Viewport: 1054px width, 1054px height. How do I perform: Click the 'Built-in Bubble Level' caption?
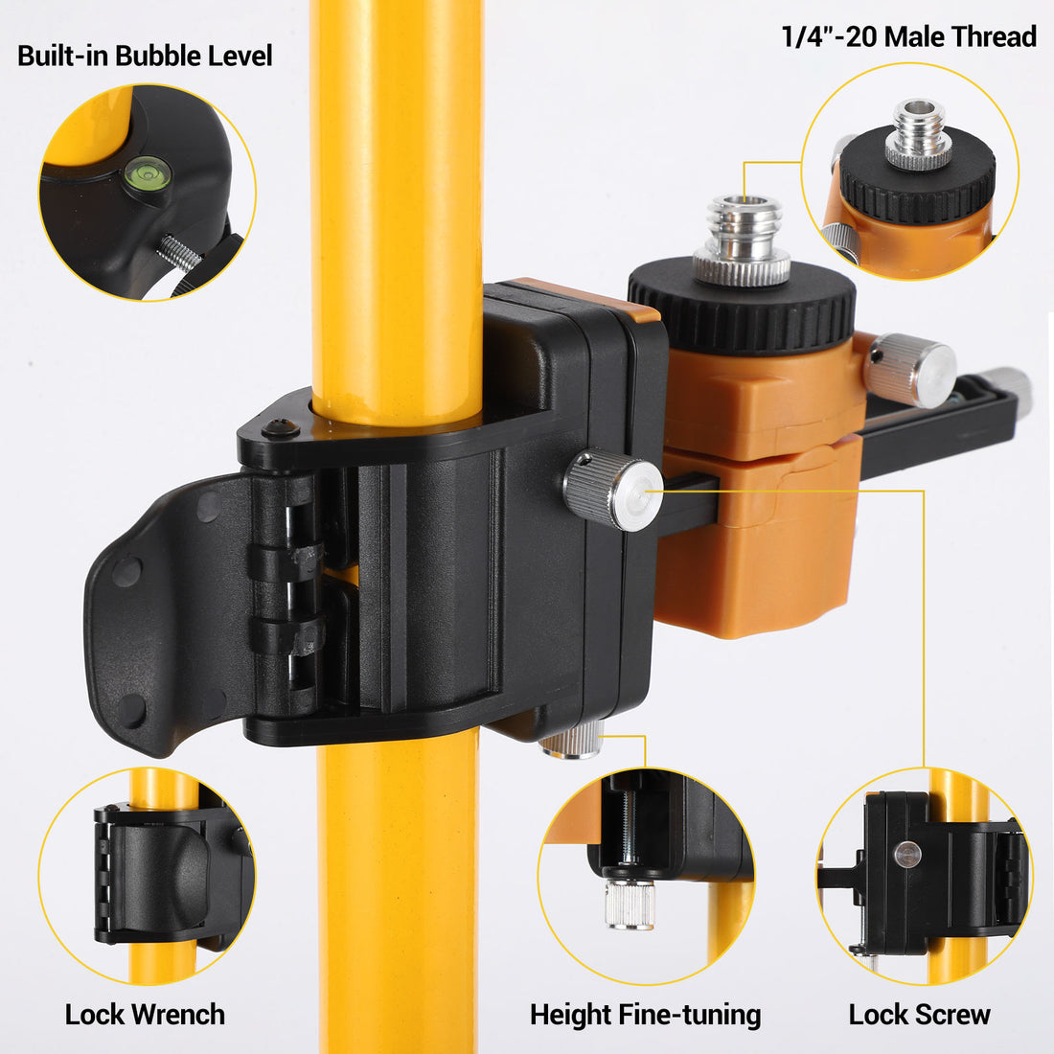point(145,56)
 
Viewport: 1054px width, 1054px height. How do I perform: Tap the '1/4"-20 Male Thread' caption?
point(908,37)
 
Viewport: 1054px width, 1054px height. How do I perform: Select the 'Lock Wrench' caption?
point(145,1015)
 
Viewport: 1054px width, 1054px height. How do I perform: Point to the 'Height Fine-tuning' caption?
point(645,1015)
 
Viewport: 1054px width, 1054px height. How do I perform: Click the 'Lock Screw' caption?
point(919,1015)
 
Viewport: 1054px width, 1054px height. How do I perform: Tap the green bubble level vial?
point(148,173)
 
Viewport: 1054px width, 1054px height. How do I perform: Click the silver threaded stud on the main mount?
point(742,240)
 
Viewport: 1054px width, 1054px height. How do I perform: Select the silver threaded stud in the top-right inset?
point(918,133)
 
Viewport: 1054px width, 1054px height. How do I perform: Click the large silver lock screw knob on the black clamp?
point(612,489)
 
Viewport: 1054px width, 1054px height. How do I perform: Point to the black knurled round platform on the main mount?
point(742,306)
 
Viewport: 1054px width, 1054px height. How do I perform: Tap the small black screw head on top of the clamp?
point(280,426)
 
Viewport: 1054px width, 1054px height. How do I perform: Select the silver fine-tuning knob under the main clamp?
point(573,741)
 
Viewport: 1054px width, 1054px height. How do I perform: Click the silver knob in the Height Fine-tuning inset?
point(630,902)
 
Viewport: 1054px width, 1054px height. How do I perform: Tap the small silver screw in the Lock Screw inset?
point(907,855)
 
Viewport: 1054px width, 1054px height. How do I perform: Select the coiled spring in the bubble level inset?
point(179,253)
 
